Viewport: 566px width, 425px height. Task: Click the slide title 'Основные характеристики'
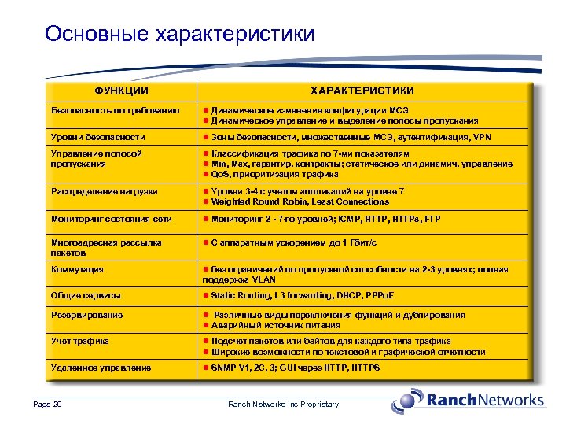[x=180, y=34]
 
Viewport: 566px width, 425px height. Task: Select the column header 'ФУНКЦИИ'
[x=121, y=91]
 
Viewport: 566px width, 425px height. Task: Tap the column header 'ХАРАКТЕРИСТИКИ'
[x=362, y=91]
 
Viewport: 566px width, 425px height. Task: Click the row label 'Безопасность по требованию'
[x=115, y=110]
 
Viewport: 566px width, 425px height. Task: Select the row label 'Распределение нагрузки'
[x=104, y=191]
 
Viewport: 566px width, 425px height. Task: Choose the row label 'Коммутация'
[x=77, y=269]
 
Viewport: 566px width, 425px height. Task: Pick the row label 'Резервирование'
[x=86, y=315]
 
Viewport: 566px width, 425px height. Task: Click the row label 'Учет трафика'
[x=79, y=342]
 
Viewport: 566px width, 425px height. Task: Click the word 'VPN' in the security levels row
[x=482, y=137]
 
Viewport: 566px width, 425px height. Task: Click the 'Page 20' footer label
[x=48, y=405]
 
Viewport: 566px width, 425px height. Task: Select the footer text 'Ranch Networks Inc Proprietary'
[x=283, y=405]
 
